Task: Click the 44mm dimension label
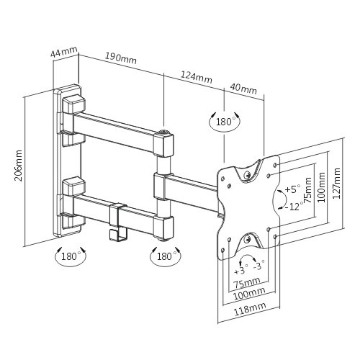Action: pos(64,52)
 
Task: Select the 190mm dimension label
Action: pos(121,58)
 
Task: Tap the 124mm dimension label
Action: pos(197,77)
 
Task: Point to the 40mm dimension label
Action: pos(243,89)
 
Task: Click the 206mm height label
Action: pos(18,166)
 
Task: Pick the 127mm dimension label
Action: pos(336,183)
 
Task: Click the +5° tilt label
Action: pos(292,189)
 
